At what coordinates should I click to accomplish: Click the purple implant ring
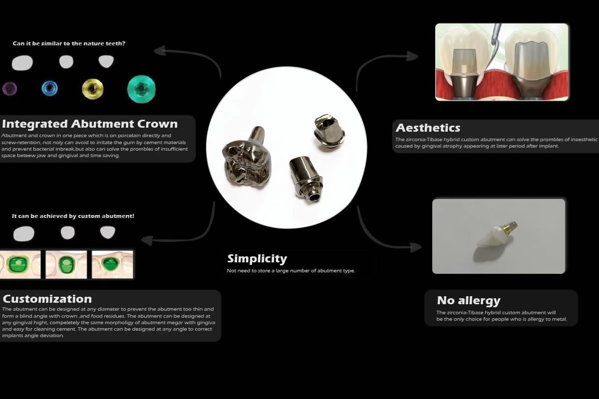click(9, 88)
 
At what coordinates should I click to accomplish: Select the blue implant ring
click(49, 88)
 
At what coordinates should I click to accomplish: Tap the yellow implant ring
click(92, 89)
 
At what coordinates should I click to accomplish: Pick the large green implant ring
click(141, 89)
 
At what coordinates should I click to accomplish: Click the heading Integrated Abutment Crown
click(90, 124)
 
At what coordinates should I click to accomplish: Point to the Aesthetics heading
click(428, 128)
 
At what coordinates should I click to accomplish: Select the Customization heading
click(47, 299)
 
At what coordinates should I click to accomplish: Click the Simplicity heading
click(257, 258)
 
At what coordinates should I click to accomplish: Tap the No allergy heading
click(469, 300)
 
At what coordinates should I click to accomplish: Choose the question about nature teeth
click(69, 43)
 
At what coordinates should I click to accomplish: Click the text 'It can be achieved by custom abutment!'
click(73, 216)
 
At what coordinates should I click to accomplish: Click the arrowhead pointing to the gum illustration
click(412, 56)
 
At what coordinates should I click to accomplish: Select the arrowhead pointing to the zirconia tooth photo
click(415, 247)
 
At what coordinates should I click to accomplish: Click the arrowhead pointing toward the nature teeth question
click(160, 51)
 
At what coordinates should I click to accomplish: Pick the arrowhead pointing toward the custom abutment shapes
click(147, 240)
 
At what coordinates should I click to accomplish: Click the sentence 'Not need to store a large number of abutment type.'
click(291, 271)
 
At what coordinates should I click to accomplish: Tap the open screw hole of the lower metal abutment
click(315, 198)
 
